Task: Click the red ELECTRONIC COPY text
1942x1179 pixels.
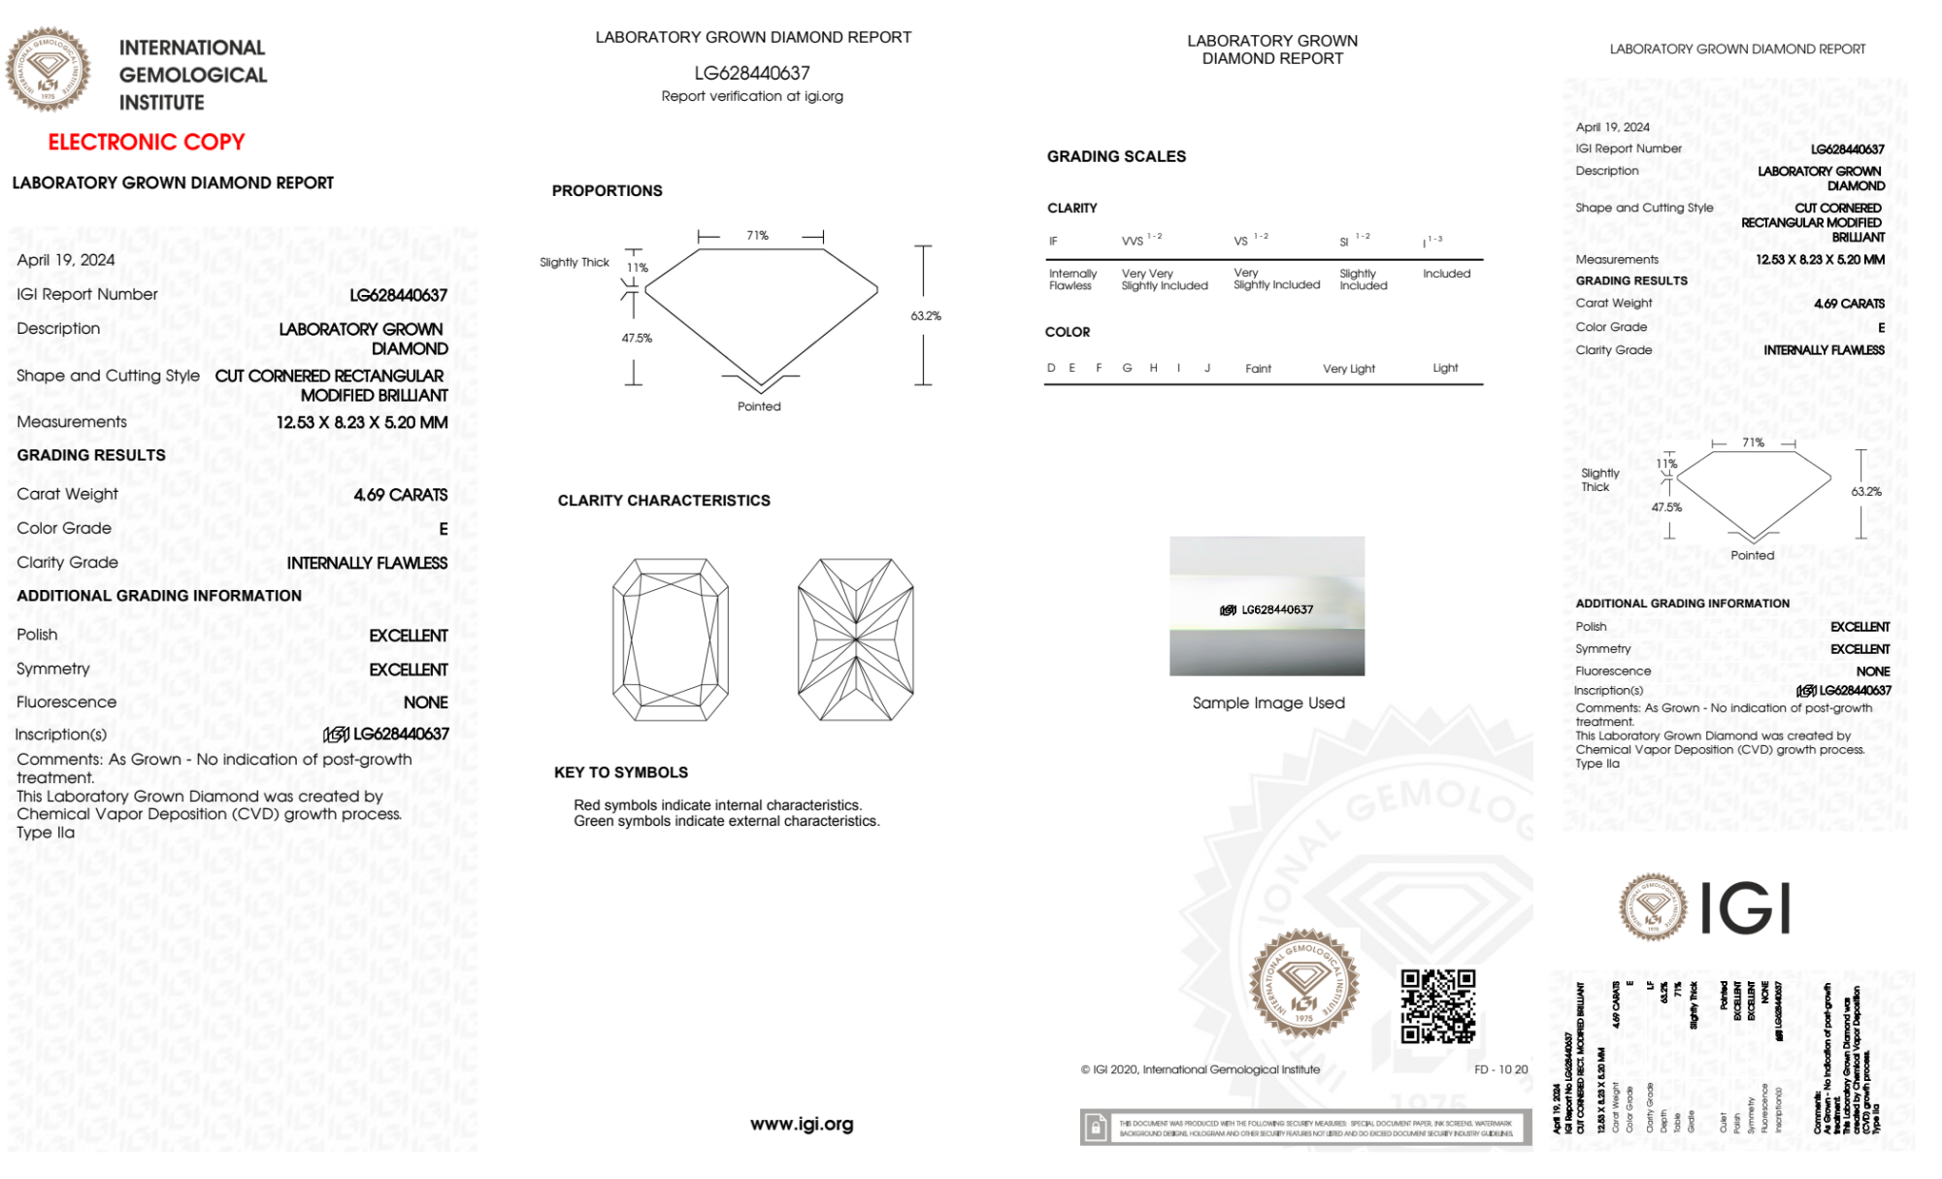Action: (x=147, y=143)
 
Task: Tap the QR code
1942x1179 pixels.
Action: (x=1437, y=1006)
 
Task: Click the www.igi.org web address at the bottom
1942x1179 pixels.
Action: (x=802, y=1124)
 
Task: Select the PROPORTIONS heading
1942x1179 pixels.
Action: (x=607, y=191)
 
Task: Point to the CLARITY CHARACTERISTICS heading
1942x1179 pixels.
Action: (x=664, y=501)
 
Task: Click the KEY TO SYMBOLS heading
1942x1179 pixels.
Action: (x=621, y=772)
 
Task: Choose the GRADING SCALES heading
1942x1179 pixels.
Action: (x=1116, y=157)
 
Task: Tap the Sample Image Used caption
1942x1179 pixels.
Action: (x=1268, y=703)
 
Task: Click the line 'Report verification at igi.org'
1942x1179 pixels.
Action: (x=752, y=96)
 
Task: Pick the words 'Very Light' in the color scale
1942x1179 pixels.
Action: (x=1348, y=369)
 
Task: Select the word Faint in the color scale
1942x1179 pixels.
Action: (x=1258, y=369)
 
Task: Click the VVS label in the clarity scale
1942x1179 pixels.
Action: (x=1133, y=241)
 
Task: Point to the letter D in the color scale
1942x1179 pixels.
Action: (x=1051, y=368)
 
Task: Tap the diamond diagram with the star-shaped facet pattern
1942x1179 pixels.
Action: (x=855, y=639)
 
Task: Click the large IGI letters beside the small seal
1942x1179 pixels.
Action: (x=1746, y=909)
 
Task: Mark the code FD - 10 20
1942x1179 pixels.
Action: (x=1500, y=1069)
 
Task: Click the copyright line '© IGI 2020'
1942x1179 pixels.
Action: (x=1201, y=1069)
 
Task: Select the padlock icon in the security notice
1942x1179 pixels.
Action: (x=1096, y=1128)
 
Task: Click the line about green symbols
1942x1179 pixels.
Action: (x=726, y=822)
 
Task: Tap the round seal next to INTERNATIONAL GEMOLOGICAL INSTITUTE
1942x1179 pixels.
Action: (x=48, y=69)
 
